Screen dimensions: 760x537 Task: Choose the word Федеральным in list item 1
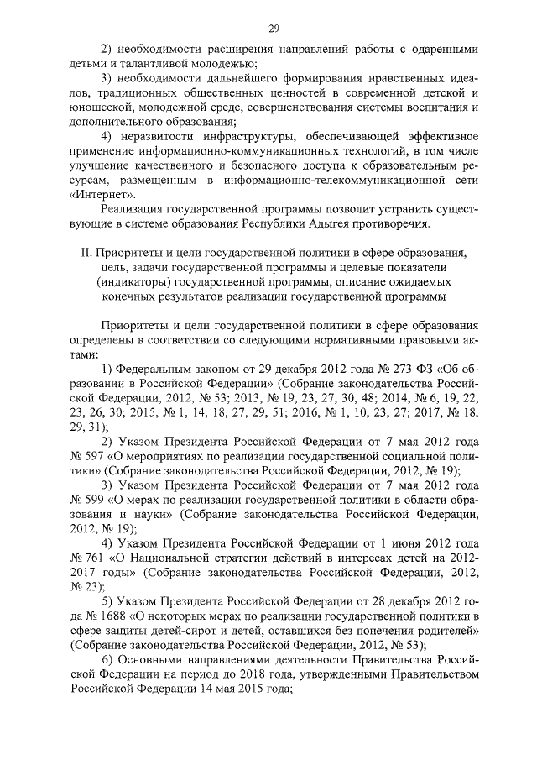click(x=153, y=370)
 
